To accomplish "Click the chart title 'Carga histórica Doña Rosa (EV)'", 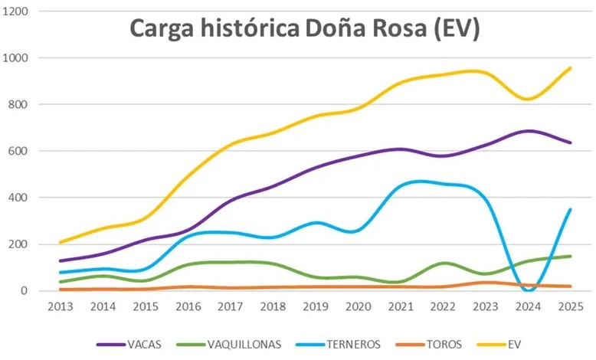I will (304, 28).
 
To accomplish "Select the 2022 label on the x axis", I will (445, 307).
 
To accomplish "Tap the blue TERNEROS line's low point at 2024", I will (528, 290).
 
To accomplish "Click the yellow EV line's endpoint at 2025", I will (570, 68).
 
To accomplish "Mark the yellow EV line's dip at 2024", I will (528, 99).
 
